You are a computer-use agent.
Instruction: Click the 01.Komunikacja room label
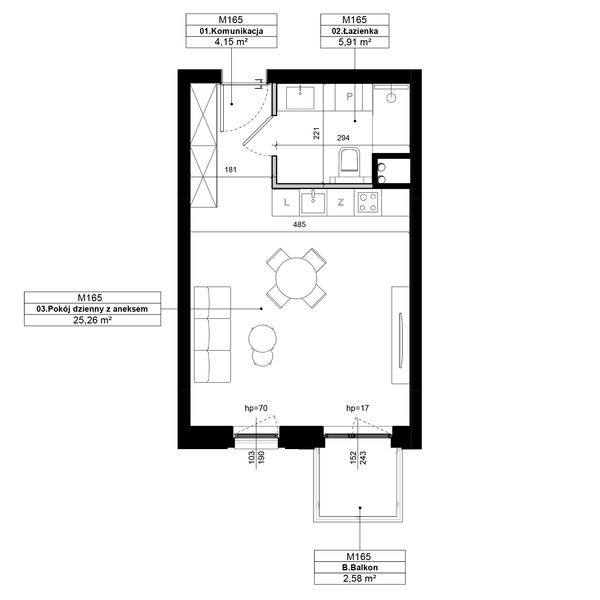coord(231,31)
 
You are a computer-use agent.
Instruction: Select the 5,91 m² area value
coord(355,42)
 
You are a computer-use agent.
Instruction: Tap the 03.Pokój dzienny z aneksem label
coord(92,309)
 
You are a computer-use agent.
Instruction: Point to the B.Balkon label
coord(360,567)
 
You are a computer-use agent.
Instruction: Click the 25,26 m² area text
coord(92,320)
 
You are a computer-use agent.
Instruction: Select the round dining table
coord(296,278)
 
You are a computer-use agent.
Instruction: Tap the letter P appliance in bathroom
coord(349,97)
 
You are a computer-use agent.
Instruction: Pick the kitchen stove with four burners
coord(368,202)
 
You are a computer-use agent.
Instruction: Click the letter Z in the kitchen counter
coord(341,202)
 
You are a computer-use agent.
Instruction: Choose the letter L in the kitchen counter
coord(286,202)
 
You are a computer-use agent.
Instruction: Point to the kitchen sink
coord(313,202)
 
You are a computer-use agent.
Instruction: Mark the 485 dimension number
coord(299,224)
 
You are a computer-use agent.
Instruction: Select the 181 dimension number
coord(230,169)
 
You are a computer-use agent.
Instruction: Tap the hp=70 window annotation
coord(256,408)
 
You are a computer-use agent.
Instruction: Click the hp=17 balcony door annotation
coord(358,408)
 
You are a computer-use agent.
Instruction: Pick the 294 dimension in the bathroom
coord(343,138)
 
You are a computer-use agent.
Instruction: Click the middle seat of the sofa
coord(212,334)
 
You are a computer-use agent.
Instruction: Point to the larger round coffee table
coord(262,338)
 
